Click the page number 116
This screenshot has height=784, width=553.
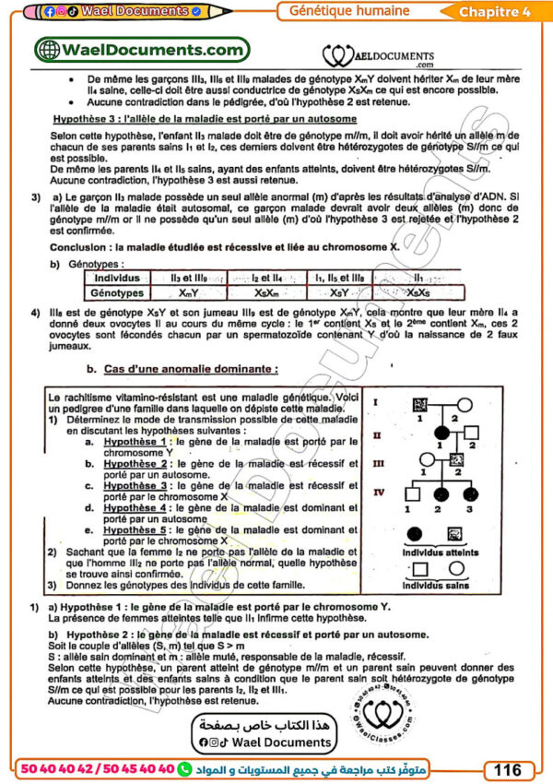click(x=508, y=769)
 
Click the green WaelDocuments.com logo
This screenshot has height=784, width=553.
click(x=140, y=51)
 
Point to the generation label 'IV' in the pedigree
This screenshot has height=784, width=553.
click(x=379, y=493)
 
